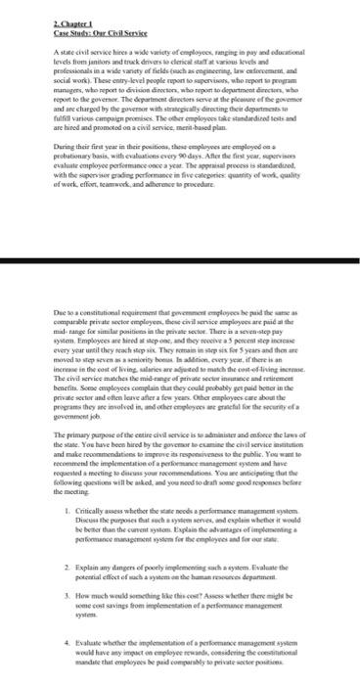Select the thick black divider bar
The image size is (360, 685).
180,263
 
